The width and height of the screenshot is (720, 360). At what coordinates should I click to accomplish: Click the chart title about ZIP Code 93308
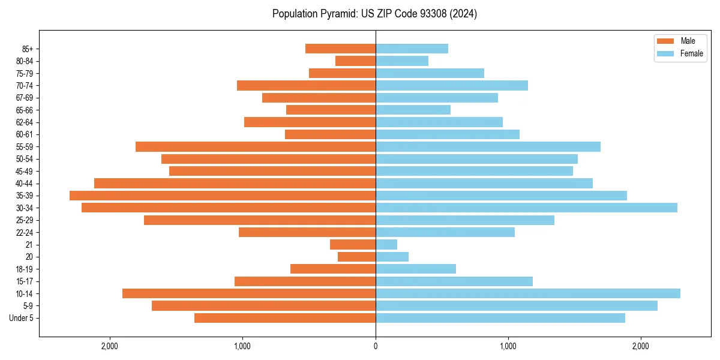374,14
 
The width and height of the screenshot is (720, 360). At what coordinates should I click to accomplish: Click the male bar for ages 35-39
223,196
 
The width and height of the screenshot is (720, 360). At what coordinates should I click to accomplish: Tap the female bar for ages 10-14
528,293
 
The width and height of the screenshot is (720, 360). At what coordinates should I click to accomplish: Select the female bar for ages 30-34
526,208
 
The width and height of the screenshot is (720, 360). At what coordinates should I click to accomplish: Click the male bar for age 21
353,245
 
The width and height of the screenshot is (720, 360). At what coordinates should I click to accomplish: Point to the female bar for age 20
392,257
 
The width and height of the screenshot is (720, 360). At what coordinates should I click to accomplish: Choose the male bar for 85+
340,49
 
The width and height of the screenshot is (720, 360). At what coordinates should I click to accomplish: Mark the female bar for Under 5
500,318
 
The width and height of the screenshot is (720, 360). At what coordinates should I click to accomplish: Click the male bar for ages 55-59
256,147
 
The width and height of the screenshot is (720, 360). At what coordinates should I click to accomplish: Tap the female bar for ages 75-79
430,73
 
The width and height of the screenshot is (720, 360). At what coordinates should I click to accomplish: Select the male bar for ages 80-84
355,61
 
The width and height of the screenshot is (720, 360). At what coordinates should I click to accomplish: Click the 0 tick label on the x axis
376,346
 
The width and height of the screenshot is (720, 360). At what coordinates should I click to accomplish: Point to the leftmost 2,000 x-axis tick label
109,346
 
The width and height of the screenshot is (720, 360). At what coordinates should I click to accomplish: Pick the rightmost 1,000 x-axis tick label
508,346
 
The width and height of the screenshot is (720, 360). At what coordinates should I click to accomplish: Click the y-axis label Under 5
21,318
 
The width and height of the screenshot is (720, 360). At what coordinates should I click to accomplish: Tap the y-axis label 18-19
25,269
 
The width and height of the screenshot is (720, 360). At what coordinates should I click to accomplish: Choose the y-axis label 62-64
25,122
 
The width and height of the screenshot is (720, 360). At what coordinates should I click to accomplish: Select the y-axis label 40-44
25,184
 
